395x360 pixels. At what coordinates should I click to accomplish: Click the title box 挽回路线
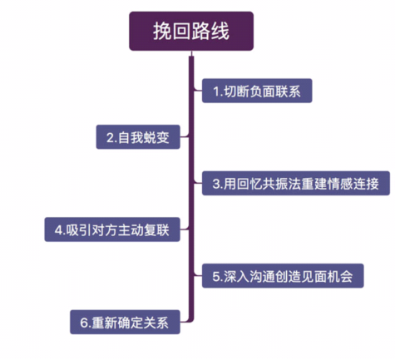191,31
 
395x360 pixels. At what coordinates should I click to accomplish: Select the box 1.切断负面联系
257,91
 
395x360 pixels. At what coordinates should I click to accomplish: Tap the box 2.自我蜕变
138,137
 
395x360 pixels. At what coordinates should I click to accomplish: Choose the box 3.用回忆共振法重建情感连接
296,183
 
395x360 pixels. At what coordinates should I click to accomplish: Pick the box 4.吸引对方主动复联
112,229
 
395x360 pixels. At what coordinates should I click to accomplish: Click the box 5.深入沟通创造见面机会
283,276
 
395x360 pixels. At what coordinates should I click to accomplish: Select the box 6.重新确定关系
125,322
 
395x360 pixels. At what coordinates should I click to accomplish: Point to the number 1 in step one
216,91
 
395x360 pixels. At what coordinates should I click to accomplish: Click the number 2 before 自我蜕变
110,137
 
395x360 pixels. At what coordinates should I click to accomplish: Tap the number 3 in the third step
216,184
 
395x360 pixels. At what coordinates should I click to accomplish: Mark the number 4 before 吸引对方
58,230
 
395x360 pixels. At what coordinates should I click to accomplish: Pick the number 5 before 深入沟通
216,276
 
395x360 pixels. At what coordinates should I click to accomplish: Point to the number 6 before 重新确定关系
84,323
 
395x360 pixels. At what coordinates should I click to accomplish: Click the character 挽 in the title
162,31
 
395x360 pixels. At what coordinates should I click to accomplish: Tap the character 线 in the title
220,31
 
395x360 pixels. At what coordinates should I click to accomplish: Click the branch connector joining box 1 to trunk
198,90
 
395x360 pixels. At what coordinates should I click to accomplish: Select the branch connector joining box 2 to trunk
185,136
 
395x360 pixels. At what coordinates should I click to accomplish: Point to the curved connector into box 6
186,320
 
